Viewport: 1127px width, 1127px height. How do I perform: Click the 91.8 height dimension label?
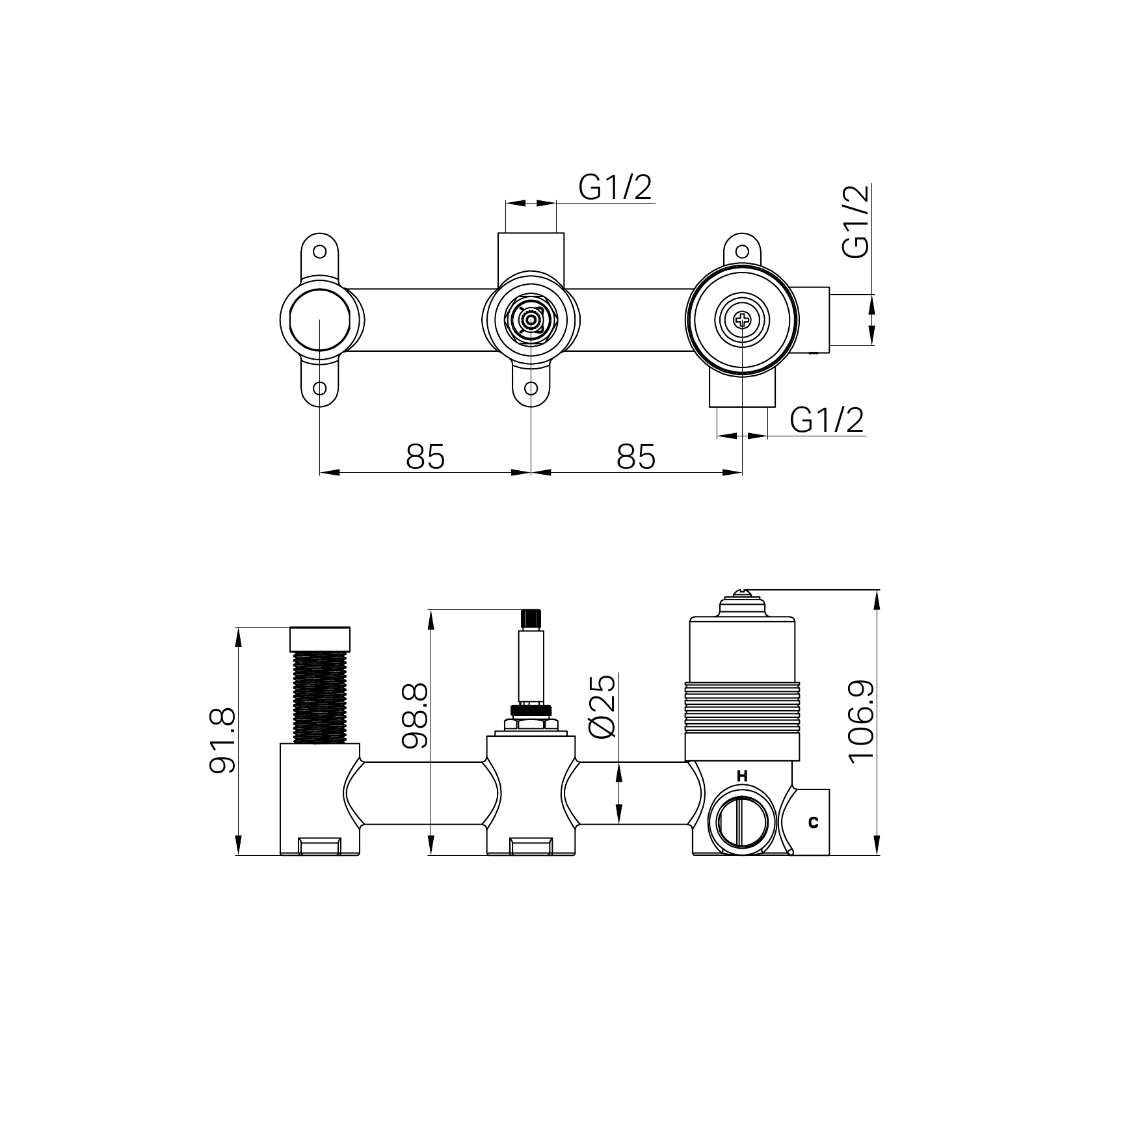click(x=222, y=741)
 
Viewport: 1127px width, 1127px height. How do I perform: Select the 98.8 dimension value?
click(x=414, y=715)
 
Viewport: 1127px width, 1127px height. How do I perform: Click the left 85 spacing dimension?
click(x=425, y=457)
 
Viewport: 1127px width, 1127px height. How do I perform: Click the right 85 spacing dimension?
click(x=635, y=457)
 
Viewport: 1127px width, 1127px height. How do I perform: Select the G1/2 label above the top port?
click(x=615, y=189)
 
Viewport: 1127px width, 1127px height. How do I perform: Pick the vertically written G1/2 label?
click(x=855, y=222)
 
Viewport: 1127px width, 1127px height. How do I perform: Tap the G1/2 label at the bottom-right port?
click(x=827, y=420)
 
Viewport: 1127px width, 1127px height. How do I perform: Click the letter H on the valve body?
click(x=742, y=776)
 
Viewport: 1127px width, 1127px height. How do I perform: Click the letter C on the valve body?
click(x=813, y=822)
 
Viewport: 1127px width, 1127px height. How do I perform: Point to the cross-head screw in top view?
click(x=742, y=319)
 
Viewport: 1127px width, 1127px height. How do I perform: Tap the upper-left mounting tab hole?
click(x=320, y=250)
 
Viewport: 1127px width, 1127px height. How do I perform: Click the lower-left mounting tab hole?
click(x=320, y=389)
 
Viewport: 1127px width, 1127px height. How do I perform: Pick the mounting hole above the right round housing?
click(x=742, y=250)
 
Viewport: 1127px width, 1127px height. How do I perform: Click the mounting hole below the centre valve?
click(x=531, y=389)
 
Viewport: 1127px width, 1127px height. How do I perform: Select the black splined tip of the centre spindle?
click(x=531, y=618)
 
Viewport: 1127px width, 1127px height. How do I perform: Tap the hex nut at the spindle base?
click(x=531, y=723)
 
